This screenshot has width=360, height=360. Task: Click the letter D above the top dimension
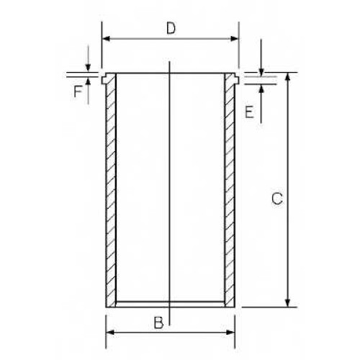[171, 28]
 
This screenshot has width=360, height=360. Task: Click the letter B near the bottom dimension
[158, 323]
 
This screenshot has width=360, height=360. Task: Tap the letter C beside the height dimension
[277, 199]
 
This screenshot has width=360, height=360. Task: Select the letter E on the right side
[249, 112]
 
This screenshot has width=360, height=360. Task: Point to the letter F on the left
[78, 91]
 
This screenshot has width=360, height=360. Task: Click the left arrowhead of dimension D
[106, 38]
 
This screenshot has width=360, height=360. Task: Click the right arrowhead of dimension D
[235, 38]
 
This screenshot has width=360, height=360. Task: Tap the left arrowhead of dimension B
[110, 333]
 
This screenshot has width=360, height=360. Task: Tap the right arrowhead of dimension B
[230, 333]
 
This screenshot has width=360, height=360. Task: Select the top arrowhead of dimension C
[288, 77]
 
